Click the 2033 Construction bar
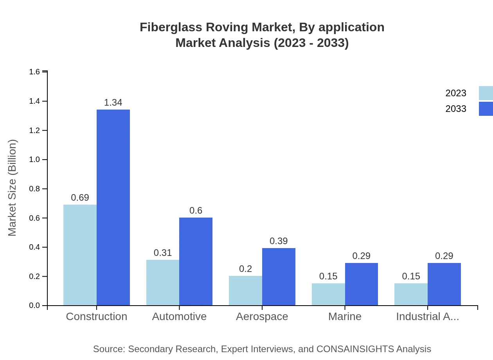click(113, 207)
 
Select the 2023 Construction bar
click(80, 255)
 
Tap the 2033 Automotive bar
click(196, 261)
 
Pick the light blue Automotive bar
click(163, 283)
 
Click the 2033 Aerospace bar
click(279, 277)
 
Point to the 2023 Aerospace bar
click(245, 291)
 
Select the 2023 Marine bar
click(328, 294)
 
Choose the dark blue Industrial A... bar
click(444, 284)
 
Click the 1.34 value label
click(113, 103)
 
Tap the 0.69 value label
click(80, 198)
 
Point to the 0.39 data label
click(279, 241)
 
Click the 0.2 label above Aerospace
click(245, 269)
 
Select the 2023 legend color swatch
click(486, 93)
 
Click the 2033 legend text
click(456, 109)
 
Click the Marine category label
click(345, 317)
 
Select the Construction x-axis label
click(97, 317)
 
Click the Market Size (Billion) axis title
click(13, 188)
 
